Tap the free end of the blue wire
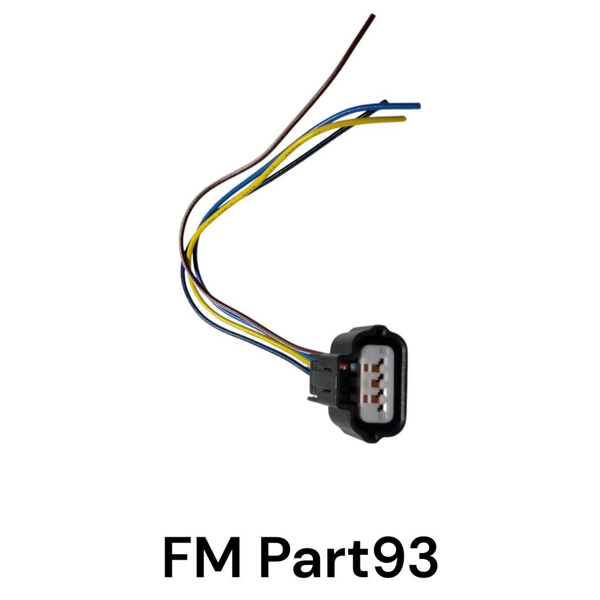(x=418, y=105)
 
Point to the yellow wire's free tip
(x=404, y=118)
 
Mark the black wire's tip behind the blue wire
(x=384, y=102)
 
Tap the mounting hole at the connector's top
(x=379, y=330)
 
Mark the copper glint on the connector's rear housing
(x=343, y=367)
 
